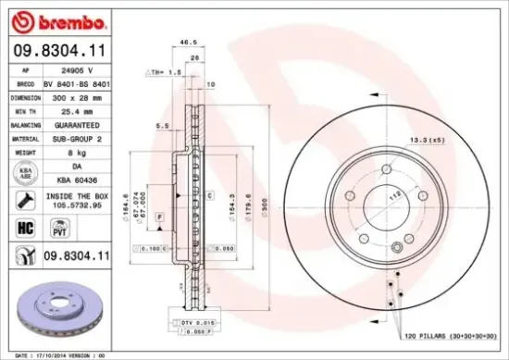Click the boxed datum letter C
pos(212,196)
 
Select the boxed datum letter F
pos(161,216)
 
